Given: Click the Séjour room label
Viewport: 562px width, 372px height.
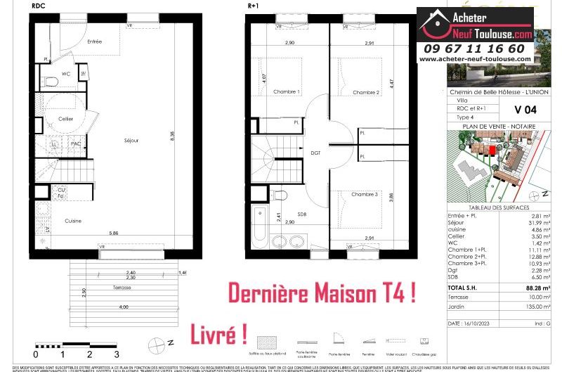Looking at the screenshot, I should [x=131, y=141].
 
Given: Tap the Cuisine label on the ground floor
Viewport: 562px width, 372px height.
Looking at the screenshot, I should [x=73, y=221].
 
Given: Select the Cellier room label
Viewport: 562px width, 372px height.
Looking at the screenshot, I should [x=66, y=119].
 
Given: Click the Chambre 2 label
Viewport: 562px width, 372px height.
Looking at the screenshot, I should [x=366, y=92].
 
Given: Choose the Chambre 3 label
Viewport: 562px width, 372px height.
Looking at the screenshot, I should [x=366, y=195].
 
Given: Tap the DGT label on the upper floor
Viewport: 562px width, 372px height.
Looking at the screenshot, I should [x=316, y=151].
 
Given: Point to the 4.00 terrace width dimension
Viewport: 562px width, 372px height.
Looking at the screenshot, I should [x=124, y=307].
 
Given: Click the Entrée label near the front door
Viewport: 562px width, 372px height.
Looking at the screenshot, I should [x=94, y=41].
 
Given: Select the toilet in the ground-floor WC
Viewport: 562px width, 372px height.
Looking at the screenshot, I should [x=50, y=84].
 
